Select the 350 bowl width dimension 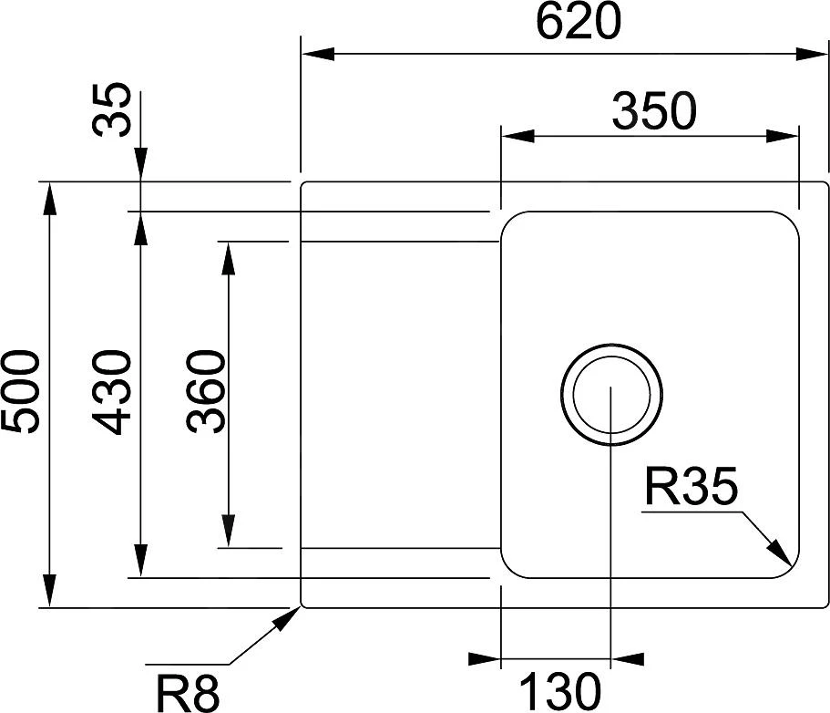(x=653, y=112)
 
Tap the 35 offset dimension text (x=112, y=110)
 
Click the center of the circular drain (x=610, y=394)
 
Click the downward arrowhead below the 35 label (x=140, y=167)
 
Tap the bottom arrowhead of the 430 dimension (x=140, y=561)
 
